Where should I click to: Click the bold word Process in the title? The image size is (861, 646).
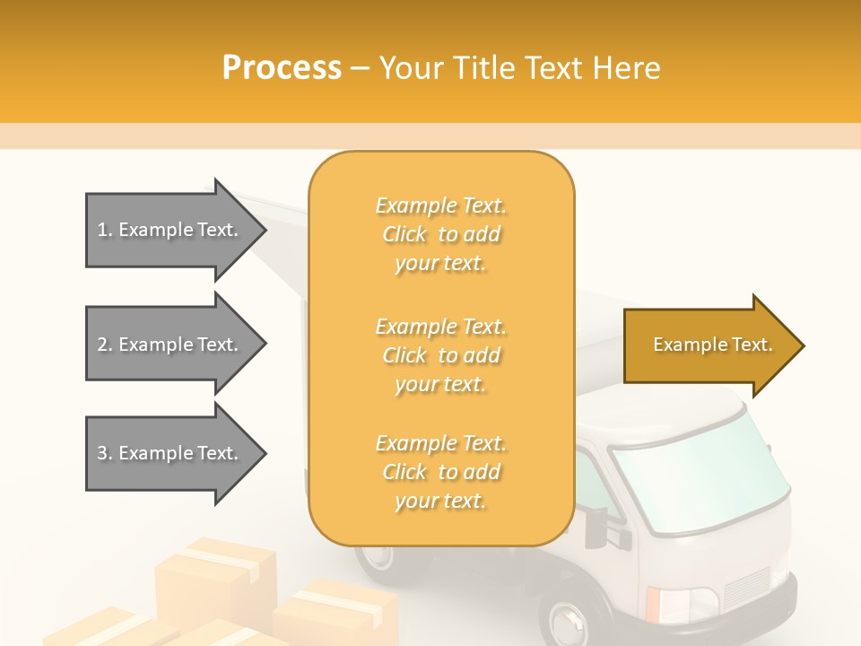282,68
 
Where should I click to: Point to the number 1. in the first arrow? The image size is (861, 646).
105,230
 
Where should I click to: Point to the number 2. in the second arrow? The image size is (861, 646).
105,345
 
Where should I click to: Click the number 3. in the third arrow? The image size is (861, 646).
105,453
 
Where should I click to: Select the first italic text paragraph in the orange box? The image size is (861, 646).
441,234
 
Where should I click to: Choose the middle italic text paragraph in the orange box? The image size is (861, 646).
441,355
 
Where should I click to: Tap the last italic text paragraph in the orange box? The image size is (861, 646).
441,472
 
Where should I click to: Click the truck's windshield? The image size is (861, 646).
700,476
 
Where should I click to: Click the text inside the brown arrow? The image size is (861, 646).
713,345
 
